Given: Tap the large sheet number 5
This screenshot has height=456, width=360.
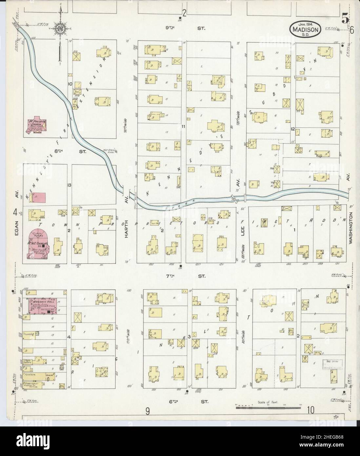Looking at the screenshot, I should click(345, 19).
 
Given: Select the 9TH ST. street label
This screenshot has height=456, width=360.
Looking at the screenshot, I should click(184, 29).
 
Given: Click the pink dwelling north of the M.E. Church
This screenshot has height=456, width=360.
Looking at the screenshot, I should click(39, 197).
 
